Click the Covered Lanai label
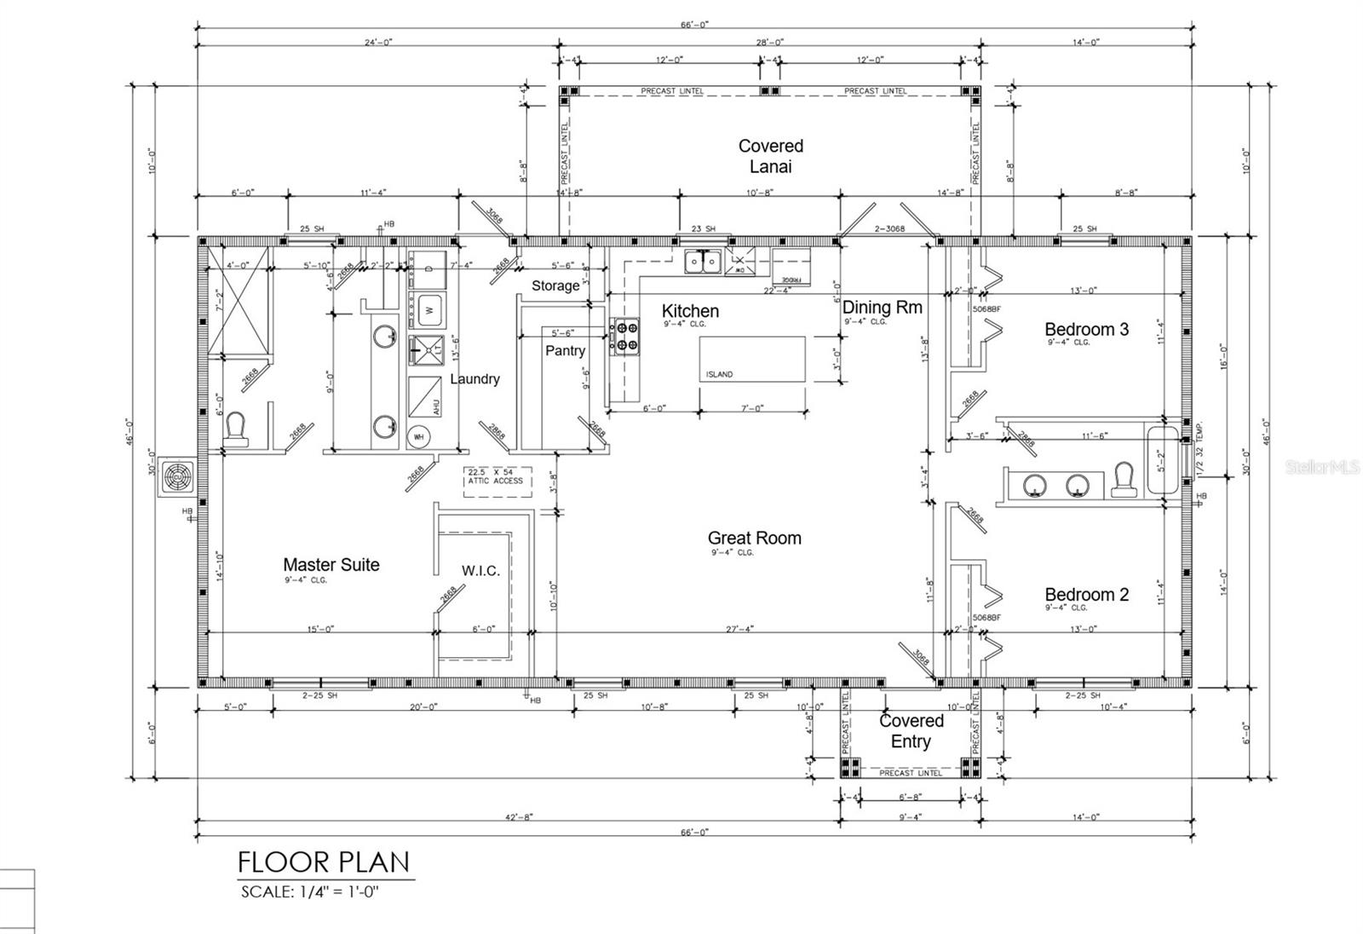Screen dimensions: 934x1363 770,156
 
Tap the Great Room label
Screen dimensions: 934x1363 754,538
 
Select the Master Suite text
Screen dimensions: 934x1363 331,564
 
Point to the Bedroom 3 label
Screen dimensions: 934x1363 1086,329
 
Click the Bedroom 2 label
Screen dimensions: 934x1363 1086,595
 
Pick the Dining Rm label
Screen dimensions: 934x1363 882,308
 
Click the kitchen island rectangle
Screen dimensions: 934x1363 752,359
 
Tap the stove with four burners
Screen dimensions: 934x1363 624,336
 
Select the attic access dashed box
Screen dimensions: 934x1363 497,481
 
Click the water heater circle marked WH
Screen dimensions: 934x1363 418,436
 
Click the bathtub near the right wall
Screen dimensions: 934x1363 1163,460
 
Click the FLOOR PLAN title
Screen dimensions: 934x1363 324,862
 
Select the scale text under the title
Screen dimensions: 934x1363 309,892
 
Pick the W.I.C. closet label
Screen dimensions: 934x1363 480,570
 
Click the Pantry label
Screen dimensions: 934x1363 565,350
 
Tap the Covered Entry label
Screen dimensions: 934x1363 911,731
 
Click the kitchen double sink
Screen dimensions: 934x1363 704,262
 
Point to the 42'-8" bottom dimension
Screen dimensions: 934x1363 519,816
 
